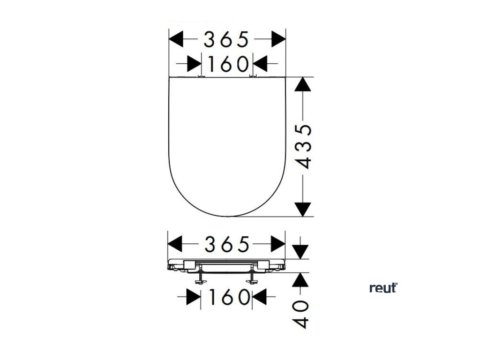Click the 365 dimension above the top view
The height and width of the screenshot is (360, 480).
227,39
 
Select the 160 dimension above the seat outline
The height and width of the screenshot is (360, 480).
227,64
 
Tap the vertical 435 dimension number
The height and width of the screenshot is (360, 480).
304,146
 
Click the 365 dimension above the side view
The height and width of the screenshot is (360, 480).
227,244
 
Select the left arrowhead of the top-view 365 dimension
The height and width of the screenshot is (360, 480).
176,39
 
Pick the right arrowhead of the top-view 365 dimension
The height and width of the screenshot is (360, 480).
278,39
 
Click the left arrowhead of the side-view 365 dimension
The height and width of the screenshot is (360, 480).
175,244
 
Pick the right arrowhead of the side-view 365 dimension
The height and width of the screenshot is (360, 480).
278,244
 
